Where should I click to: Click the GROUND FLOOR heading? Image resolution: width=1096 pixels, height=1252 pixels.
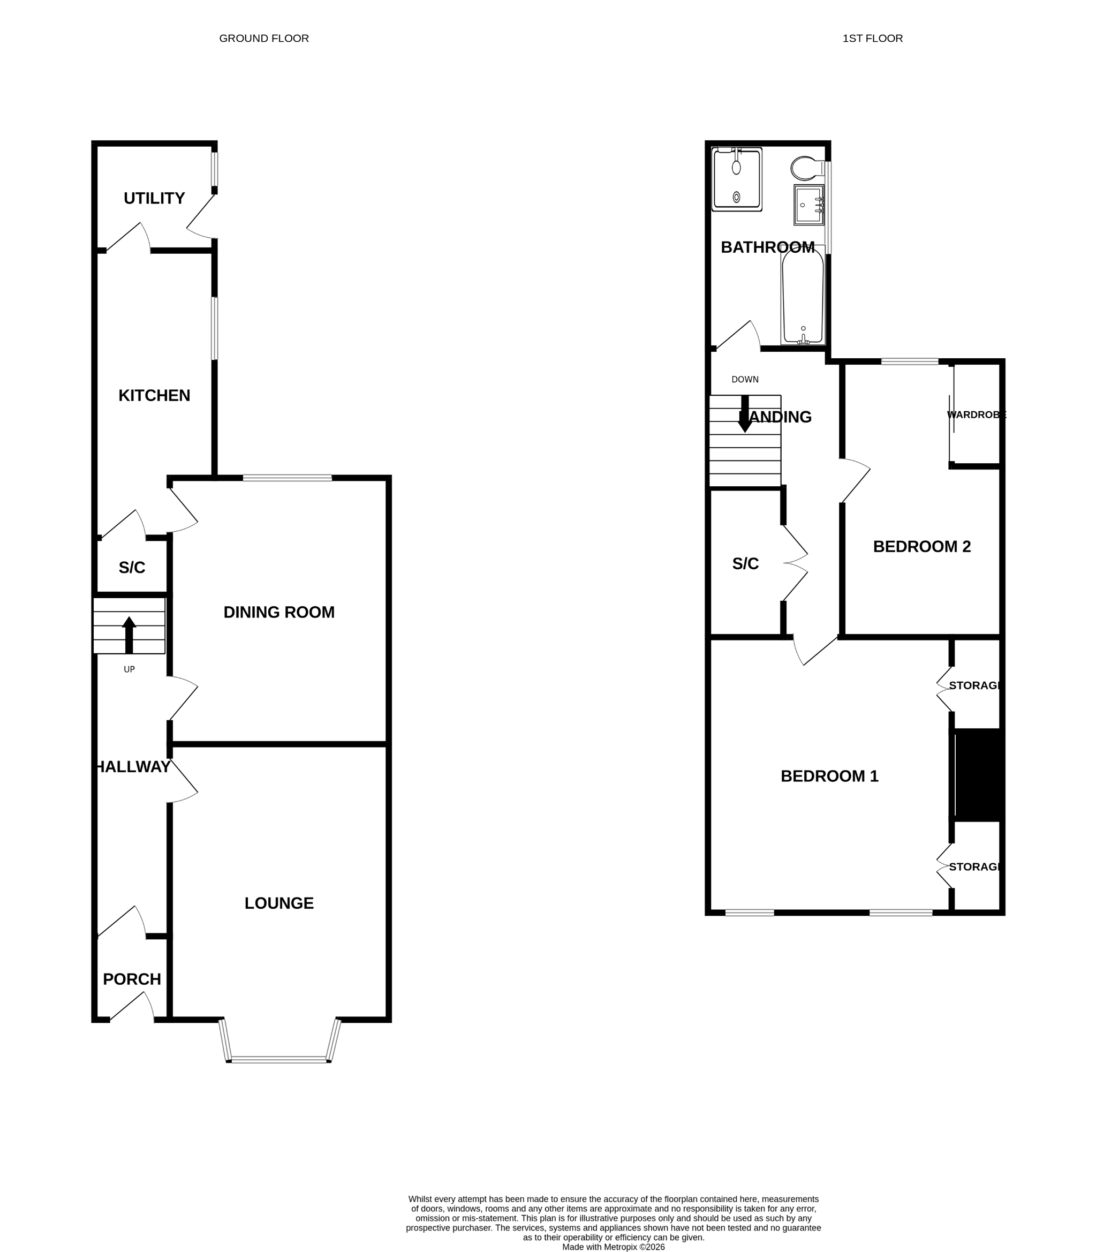pos(263,39)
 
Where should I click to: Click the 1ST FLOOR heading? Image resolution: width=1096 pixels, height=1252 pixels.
pos(872,39)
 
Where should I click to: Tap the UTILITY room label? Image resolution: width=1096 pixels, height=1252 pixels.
pos(154,198)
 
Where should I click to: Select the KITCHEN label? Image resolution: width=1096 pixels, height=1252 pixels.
pos(154,395)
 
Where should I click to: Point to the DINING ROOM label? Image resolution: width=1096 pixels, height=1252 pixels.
pos(279,612)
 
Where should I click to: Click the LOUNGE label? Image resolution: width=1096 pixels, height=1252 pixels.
pos(279,903)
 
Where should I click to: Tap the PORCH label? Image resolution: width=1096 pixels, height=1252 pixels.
pos(132,979)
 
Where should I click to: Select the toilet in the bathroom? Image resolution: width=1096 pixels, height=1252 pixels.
pos(807,168)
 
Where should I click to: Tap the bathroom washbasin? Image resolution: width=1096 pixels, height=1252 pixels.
pos(808,205)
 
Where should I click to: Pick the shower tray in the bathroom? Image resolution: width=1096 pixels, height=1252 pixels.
pos(737,180)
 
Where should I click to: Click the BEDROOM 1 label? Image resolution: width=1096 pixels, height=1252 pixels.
pos(829,776)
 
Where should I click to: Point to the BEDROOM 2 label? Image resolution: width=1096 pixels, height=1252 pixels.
pos(921,546)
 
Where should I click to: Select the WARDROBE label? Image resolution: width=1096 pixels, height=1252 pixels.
pos(976,414)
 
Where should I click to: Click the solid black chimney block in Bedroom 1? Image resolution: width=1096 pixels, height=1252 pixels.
pos(979,774)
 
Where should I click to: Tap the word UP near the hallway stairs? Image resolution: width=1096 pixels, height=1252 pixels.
pos(129,669)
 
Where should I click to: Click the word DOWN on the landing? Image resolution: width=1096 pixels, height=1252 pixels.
pos(745,379)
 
